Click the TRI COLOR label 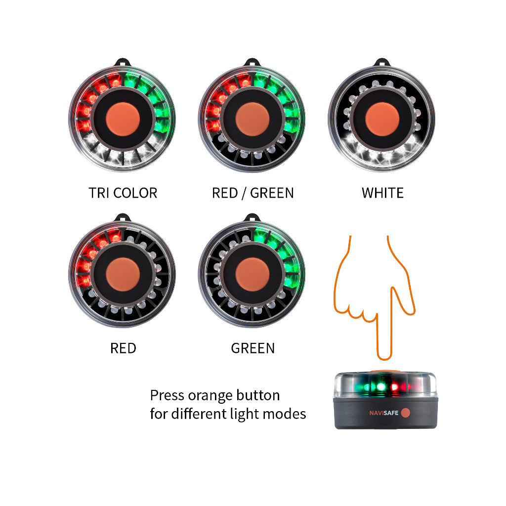123,192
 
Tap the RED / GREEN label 253,192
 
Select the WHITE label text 382,192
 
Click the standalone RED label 123,348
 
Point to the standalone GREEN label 253,348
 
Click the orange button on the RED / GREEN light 253,120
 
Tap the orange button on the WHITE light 382,120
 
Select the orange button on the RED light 123,274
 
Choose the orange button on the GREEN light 253,274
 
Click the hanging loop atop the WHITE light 382,63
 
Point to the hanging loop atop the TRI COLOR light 123,63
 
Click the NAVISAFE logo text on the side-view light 384,413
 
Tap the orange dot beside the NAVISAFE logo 405,413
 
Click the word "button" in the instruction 257,395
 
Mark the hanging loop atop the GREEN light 253,217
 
